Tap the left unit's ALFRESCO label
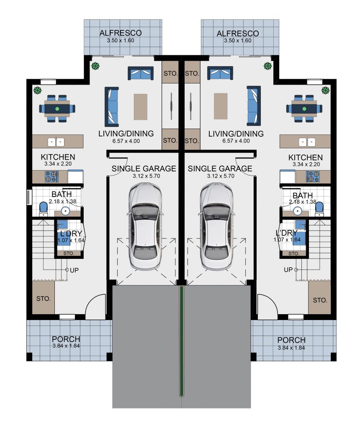[x=121, y=33]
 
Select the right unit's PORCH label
[x=291, y=340]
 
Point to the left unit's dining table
[x=57, y=109]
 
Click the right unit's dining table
[x=304, y=109]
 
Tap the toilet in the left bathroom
[x=44, y=209]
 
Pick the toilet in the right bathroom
[x=319, y=209]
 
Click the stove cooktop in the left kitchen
[x=51, y=177]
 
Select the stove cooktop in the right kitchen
[x=313, y=176]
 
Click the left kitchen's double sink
[x=56, y=142]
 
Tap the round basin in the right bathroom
[x=298, y=211]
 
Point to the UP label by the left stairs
[x=75, y=270]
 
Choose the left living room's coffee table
[x=141, y=107]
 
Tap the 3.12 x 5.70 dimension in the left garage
[x=147, y=176]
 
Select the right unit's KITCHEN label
[x=306, y=158]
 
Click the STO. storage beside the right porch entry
[x=319, y=298]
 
